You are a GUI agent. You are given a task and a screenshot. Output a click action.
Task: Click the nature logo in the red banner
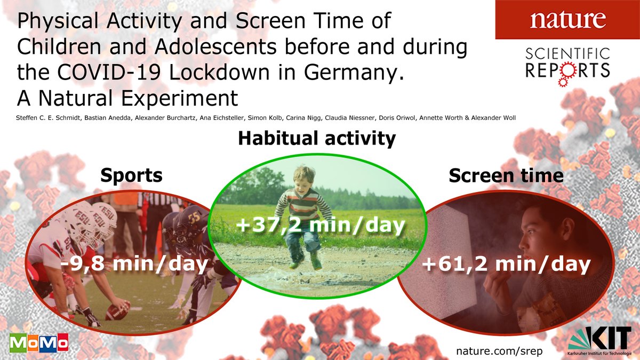click(567, 19)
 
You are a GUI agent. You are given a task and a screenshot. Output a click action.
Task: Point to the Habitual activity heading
click(317, 139)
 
